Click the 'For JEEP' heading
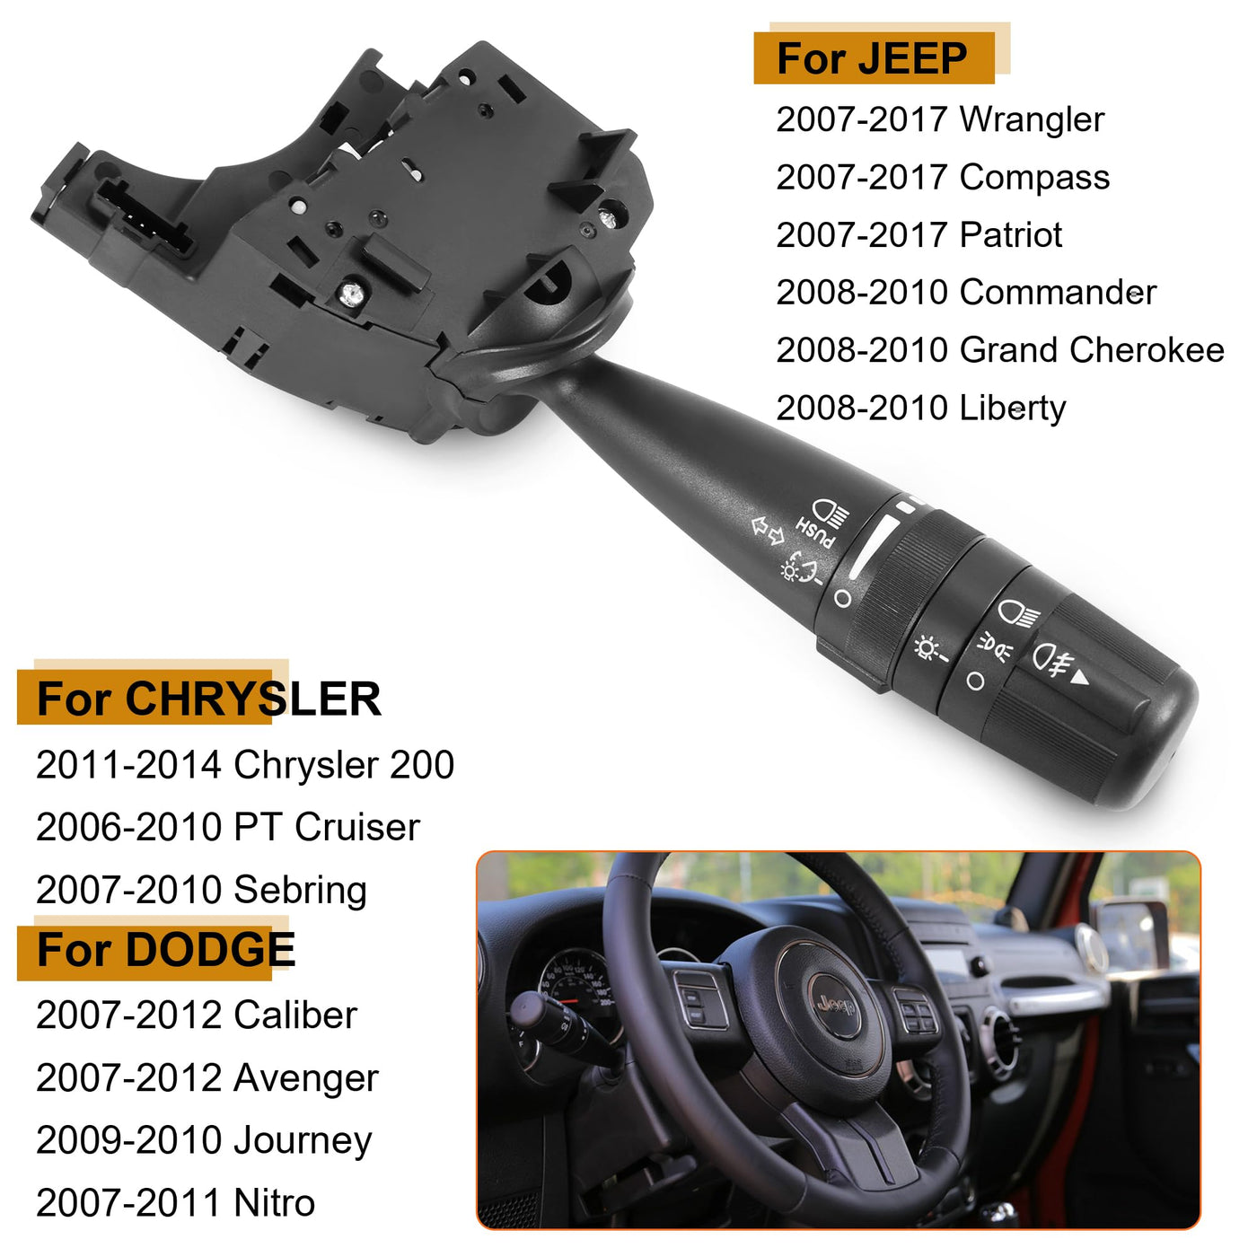pyautogui.click(x=872, y=58)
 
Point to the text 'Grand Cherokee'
pyautogui.click(x=1092, y=350)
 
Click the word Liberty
pyautogui.click(x=1013, y=409)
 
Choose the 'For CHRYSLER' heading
pyautogui.click(x=208, y=699)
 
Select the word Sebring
pyautogui.click(x=300, y=892)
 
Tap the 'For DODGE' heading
pyautogui.click(x=166, y=949)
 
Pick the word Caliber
pyautogui.click(x=294, y=1015)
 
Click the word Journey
pyautogui.click(x=302, y=1141)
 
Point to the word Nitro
pyautogui.click(x=274, y=1202)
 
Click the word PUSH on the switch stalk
pyautogui.click(x=814, y=532)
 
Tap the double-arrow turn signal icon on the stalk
pyautogui.click(x=767, y=530)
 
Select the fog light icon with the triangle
pyautogui.click(x=1060, y=662)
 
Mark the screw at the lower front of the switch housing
pyautogui.click(x=352, y=294)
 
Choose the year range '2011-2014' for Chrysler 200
pyautogui.click(x=128, y=764)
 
